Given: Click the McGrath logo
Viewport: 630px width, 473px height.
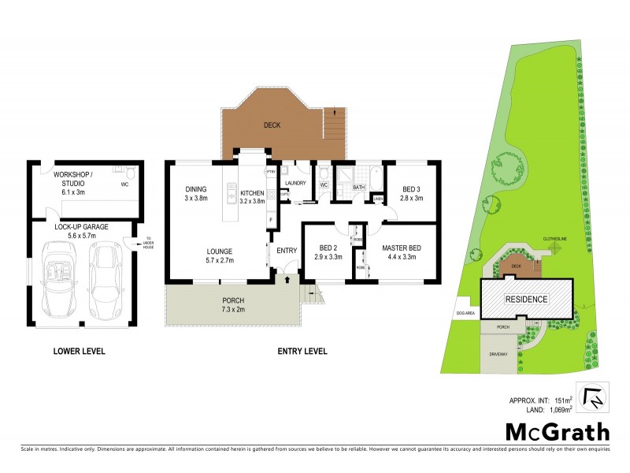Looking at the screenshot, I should [x=557, y=431].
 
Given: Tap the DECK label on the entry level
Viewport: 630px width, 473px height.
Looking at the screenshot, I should [x=272, y=125].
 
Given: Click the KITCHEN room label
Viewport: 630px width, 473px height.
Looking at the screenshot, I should [x=253, y=193].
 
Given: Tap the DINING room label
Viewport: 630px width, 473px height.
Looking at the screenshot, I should [x=196, y=189].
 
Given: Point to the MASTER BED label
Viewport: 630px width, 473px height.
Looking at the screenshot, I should [x=402, y=249].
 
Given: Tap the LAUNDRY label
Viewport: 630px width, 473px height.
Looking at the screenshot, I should [x=295, y=183].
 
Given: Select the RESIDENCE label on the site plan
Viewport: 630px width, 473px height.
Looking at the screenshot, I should [x=526, y=300].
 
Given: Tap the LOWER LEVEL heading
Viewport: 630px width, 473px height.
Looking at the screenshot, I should [x=79, y=351].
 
